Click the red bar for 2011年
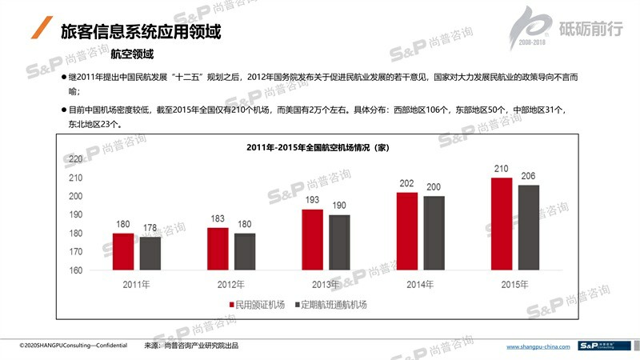click(x=123, y=251)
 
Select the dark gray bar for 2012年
click(x=245, y=251)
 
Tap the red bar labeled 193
click(x=312, y=240)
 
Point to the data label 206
click(x=529, y=176)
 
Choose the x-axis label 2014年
click(x=420, y=285)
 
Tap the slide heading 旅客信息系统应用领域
click(x=141, y=32)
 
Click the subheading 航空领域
click(x=132, y=54)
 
